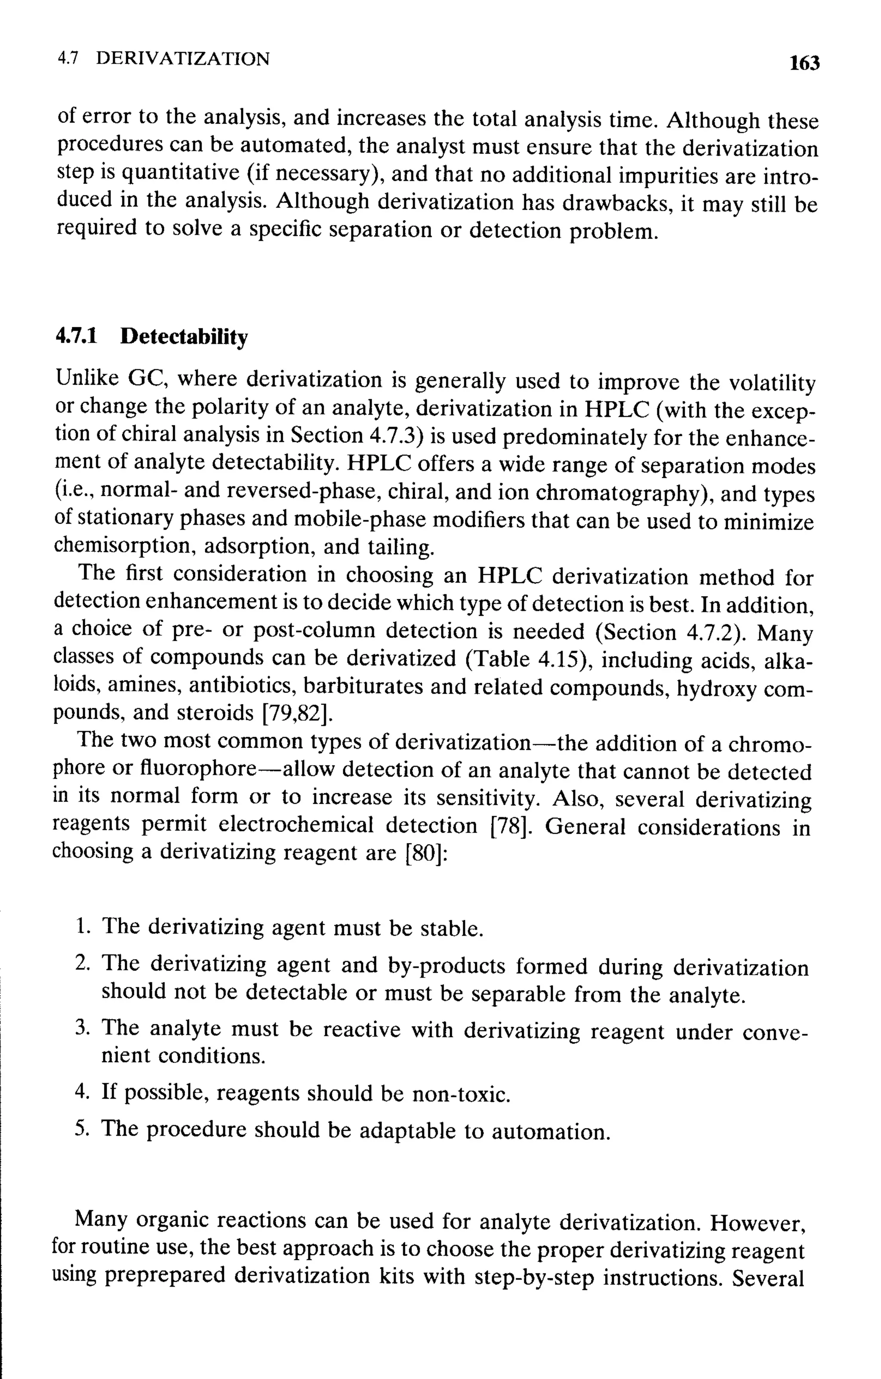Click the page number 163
point(804,62)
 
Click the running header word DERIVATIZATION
point(183,58)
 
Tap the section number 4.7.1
point(76,336)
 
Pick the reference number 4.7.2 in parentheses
point(709,632)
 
